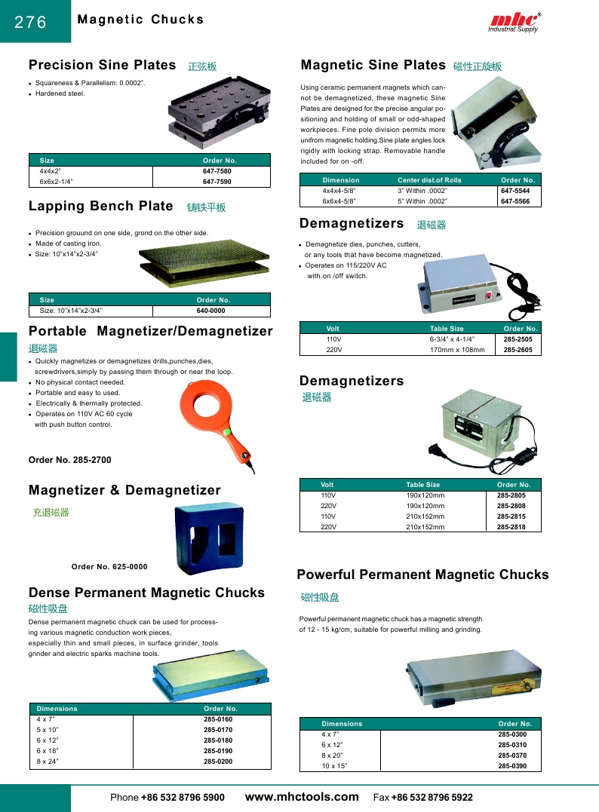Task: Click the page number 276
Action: point(31,23)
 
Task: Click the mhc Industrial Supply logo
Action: point(514,22)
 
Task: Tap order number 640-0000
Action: point(211,311)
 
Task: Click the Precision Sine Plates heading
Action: point(103,65)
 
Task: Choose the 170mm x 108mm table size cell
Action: point(457,350)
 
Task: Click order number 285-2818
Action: point(511,527)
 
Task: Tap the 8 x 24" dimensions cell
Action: point(48,761)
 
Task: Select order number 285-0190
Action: point(218,751)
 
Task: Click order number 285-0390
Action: point(512,766)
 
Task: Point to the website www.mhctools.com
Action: point(303,797)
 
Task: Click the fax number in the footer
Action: point(432,798)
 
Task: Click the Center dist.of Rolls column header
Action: point(429,180)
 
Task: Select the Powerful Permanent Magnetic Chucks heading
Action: point(422,575)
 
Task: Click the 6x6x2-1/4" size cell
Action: point(57,182)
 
